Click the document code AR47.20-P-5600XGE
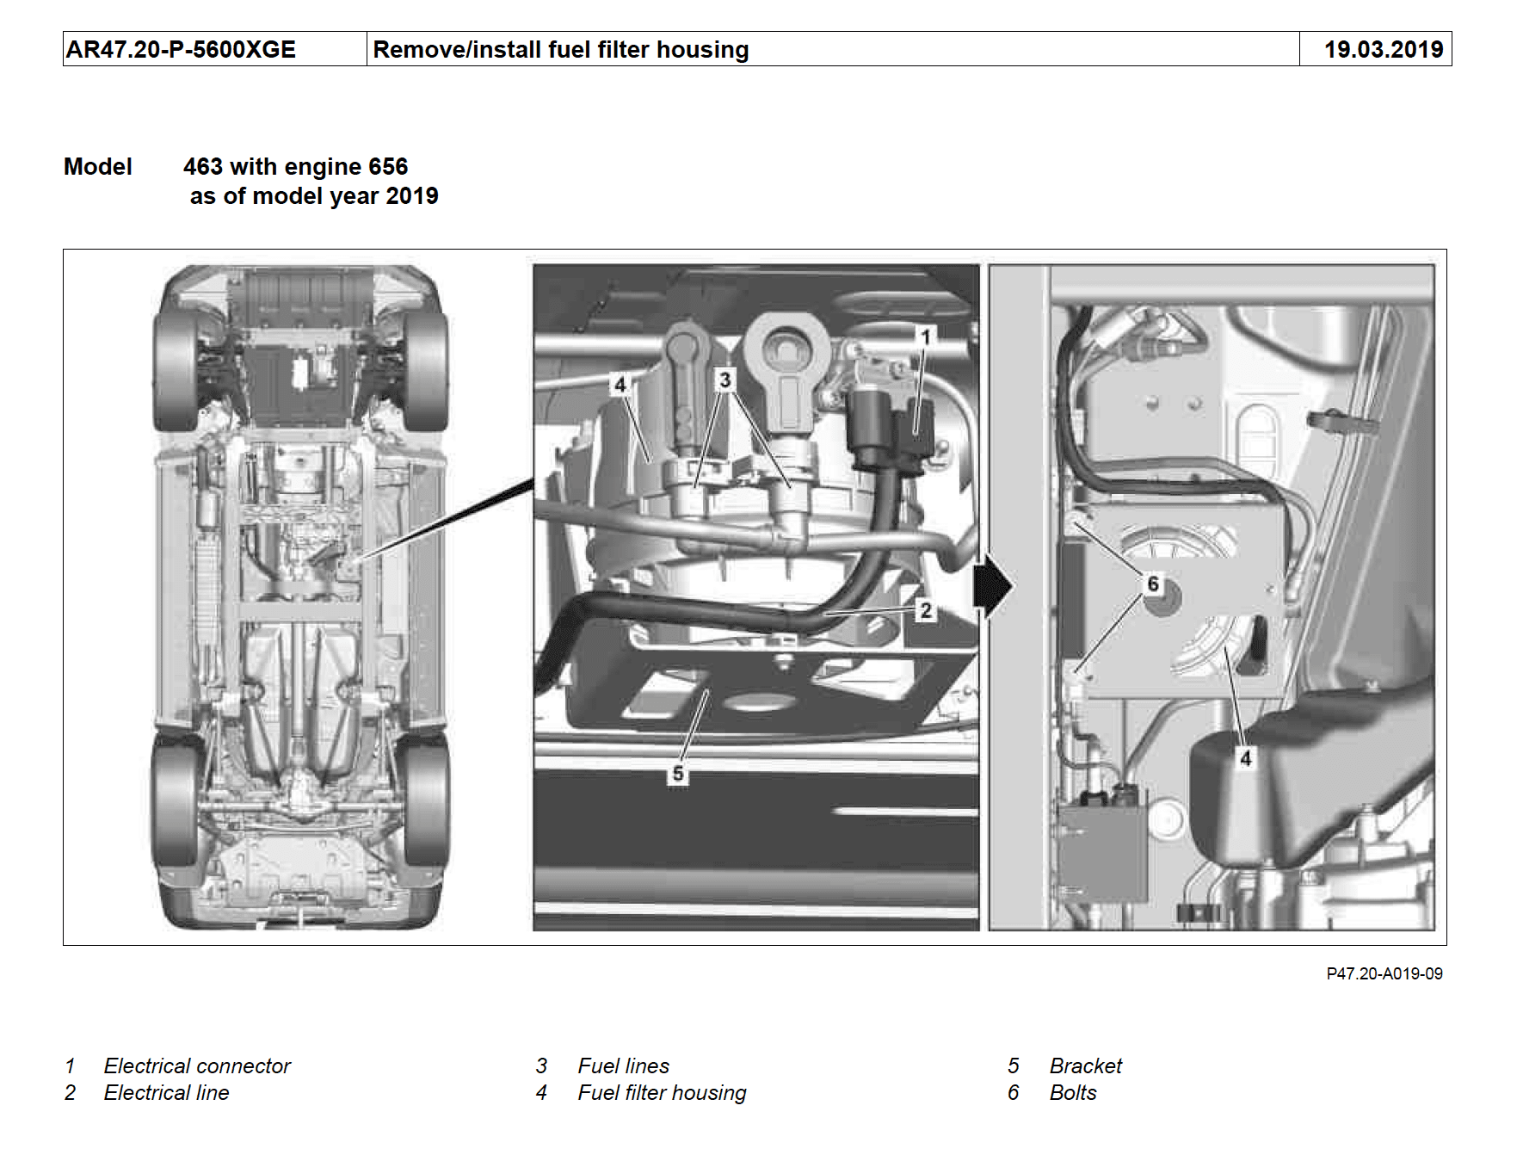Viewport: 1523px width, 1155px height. pos(181,50)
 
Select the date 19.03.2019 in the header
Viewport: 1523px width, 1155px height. pos(1383,50)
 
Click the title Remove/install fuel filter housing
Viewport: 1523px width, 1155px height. pos(560,50)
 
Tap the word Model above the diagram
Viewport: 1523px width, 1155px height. pos(98,167)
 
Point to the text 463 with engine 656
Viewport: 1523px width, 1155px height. pos(295,167)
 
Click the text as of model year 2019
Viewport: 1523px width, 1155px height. pos(314,196)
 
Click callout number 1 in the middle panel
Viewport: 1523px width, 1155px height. pos(926,337)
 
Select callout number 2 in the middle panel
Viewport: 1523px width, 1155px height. pos(926,611)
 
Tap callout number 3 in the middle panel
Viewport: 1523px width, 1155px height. pos(725,380)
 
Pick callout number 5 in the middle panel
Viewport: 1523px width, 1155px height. pos(678,774)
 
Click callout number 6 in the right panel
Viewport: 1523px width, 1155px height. pos(1153,584)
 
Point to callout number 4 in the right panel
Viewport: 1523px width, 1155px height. pos(1245,758)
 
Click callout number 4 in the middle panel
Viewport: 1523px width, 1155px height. pos(620,385)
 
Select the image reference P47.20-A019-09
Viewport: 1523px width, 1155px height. pos(1384,973)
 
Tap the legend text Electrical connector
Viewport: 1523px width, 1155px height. pos(197,1066)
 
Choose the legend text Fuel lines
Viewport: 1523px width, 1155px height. pos(623,1066)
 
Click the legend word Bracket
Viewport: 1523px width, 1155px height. pos(1085,1066)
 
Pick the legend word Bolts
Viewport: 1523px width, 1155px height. pos(1073,1093)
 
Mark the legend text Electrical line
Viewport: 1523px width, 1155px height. pos(166,1093)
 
